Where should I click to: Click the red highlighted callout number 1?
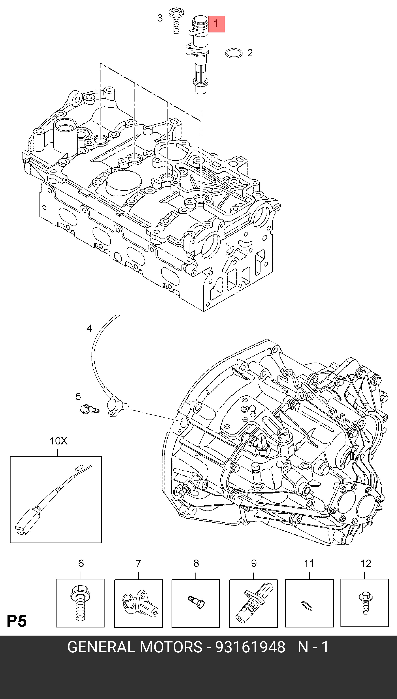coord(216,24)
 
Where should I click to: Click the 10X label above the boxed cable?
coord(58,441)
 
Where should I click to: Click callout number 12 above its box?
coord(366,563)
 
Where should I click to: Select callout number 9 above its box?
coord(254,563)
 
